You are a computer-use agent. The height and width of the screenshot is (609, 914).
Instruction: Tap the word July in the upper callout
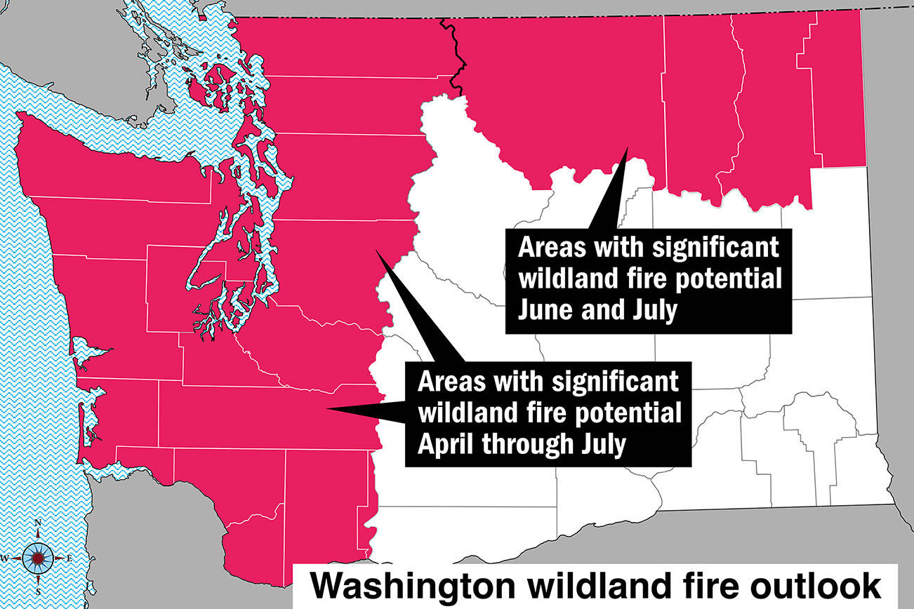click(x=652, y=309)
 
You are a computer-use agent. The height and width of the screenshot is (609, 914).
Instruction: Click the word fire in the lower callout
click(x=550, y=413)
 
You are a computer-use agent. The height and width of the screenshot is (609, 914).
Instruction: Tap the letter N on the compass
click(x=38, y=523)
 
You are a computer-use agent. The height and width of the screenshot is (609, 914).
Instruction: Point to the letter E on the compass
click(x=69, y=558)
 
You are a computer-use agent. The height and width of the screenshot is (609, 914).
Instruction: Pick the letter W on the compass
click(x=5, y=558)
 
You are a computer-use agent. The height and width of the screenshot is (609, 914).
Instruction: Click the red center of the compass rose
click(x=38, y=558)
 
